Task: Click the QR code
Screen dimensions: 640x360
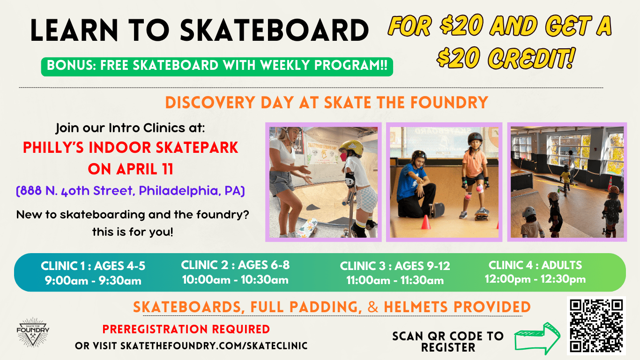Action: [x=596, y=325]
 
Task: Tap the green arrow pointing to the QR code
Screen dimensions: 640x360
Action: [x=537, y=338]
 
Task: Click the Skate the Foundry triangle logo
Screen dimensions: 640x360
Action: [x=33, y=332]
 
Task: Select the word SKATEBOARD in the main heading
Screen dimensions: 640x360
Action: [x=274, y=30]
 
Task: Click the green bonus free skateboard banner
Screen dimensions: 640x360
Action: [x=217, y=67]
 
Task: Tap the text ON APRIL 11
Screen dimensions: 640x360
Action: [x=131, y=169]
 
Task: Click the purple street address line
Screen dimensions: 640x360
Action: [x=130, y=191]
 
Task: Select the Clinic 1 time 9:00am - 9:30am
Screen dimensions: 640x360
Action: [x=93, y=281]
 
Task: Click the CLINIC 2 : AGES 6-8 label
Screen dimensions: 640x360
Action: [x=235, y=265]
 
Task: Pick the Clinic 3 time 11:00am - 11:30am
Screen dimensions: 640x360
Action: [x=395, y=280]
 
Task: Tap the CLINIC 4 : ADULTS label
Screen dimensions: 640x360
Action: [x=535, y=265]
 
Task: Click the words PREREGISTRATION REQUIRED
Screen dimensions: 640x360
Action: [x=186, y=330]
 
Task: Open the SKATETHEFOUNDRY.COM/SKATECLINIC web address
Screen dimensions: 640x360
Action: [x=214, y=346]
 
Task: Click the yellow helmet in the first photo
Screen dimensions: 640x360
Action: [x=352, y=147]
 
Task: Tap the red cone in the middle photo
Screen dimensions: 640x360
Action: [x=425, y=222]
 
